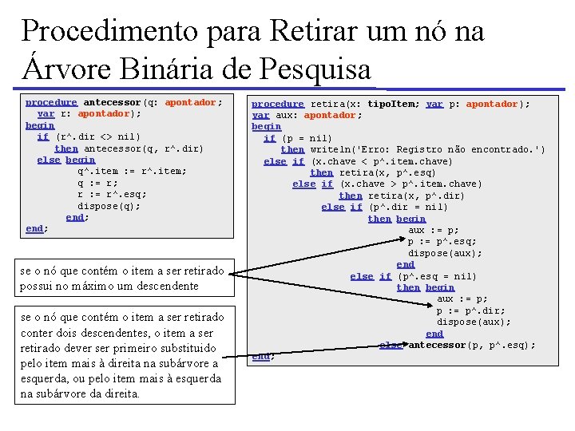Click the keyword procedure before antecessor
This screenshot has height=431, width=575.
(x=51, y=102)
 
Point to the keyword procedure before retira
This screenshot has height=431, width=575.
(x=278, y=104)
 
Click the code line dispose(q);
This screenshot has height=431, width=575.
(x=109, y=205)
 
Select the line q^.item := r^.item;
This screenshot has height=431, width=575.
(x=132, y=171)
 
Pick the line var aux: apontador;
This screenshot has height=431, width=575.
(x=307, y=115)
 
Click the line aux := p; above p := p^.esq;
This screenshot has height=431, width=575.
(x=434, y=230)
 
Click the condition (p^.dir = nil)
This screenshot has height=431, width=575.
(x=397, y=207)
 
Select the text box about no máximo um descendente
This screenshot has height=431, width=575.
(x=121, y=279)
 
